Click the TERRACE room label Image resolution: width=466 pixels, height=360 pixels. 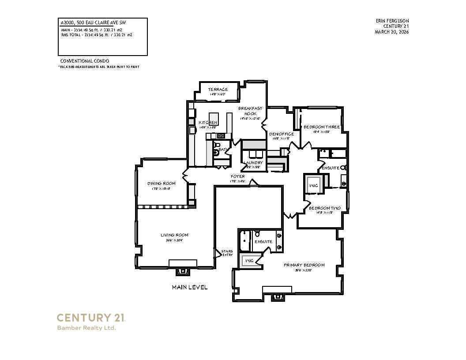218,90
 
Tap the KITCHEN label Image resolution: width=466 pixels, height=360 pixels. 208,122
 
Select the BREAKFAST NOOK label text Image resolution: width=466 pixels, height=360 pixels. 250,111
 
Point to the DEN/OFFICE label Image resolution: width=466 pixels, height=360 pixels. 281,134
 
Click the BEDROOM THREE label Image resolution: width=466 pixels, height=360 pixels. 322,127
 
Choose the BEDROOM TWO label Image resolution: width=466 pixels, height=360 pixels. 324,208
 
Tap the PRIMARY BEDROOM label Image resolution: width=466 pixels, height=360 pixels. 304,265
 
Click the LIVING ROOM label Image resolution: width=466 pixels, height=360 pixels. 174,235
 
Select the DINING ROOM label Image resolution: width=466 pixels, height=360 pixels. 161,184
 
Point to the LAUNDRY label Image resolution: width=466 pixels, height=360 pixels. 254,162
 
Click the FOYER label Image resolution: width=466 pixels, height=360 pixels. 237,176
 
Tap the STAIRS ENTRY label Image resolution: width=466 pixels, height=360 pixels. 227,253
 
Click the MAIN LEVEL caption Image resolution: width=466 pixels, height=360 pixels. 189,287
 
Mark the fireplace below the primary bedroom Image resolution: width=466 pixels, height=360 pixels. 278,296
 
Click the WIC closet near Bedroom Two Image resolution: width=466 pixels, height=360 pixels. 314,185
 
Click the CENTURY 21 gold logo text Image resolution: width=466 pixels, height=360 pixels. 91,318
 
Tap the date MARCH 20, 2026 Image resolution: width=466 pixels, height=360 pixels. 392,32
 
